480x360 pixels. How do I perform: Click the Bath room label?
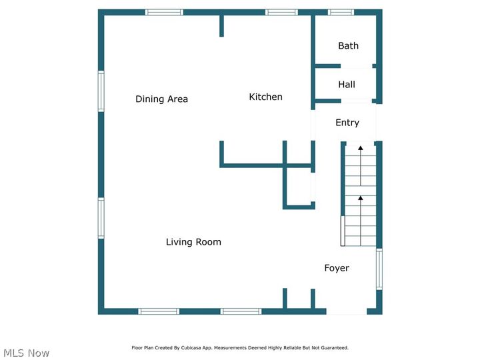click(348, 46)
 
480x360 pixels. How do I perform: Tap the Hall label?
click(347, 85)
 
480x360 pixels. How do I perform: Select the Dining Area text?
click(161, 99)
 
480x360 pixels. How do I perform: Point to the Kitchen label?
click(265, 97)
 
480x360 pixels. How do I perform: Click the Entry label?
click(347, 123)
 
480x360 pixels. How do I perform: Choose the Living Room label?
click(193, 242)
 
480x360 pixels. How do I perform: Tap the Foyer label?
click(337, 268)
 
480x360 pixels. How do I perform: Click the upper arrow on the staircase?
click(360, 148)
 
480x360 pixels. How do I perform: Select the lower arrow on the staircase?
click(360, 199)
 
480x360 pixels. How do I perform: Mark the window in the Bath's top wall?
click(341, 12)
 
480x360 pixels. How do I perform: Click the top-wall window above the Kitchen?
click(281, 12)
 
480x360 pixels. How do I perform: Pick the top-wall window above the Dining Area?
click(164, 12)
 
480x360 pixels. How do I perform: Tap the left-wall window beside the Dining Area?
click(101, 91)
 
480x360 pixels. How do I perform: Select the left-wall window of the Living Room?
click(101, 218)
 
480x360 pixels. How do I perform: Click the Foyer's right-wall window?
click(379, 269)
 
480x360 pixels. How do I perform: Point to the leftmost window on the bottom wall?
click(159, 311)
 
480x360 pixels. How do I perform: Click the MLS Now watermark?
click(27, 353)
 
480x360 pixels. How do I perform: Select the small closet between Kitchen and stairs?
click(299, 187)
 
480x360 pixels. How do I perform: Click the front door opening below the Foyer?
click(346, 311)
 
